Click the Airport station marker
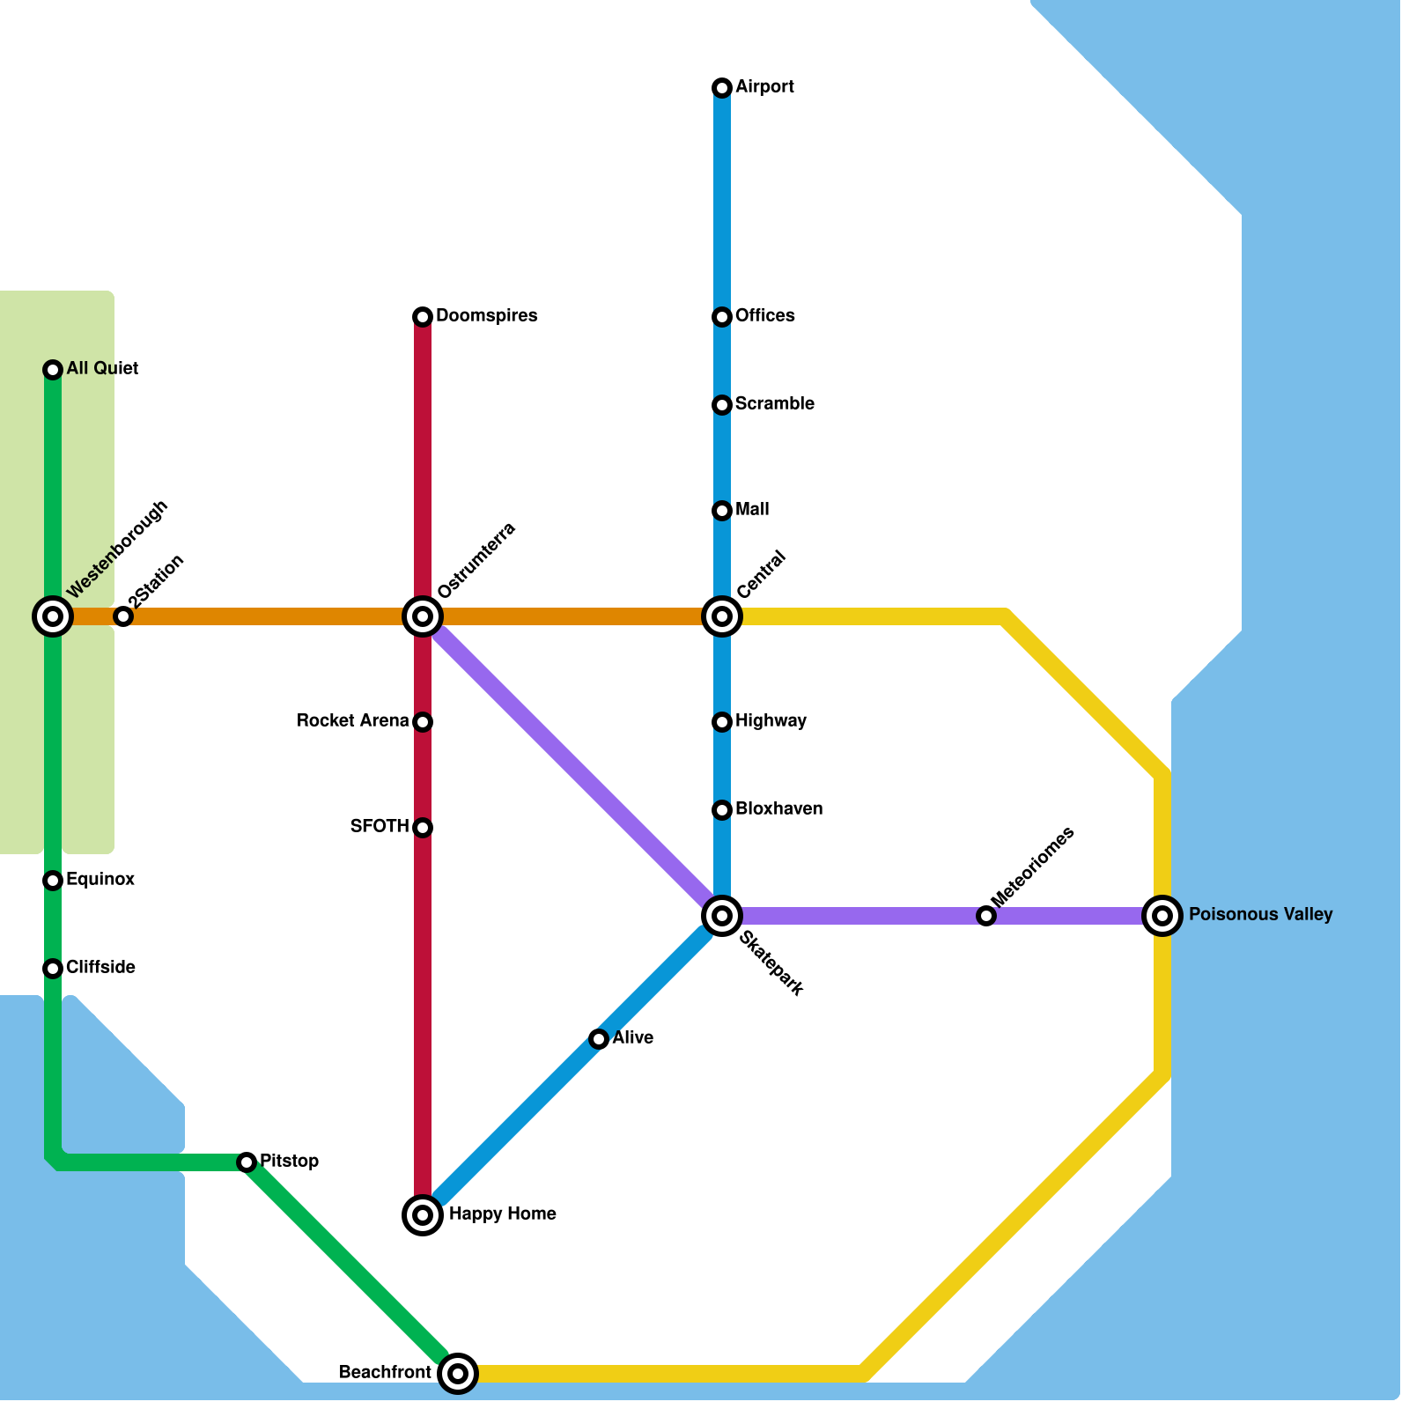(722, 87)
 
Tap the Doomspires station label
(486, 316)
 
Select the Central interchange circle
(722, 616)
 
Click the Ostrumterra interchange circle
(423, 616)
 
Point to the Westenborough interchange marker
(53, 616)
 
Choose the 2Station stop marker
(123, 616)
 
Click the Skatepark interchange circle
(722, 916)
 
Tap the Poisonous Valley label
(1260, 915)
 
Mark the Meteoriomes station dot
(986, 916)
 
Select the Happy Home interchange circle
(423, 1215)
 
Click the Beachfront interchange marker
(458, 1373)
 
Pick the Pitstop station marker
(247, 1162)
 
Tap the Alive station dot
(599, 1039)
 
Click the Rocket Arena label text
(352, 721)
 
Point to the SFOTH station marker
(423, 828)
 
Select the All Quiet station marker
(53, 370)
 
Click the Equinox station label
(100, 880)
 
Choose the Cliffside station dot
(53, 969)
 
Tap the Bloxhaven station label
(778, 809)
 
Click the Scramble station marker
(722, 405)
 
